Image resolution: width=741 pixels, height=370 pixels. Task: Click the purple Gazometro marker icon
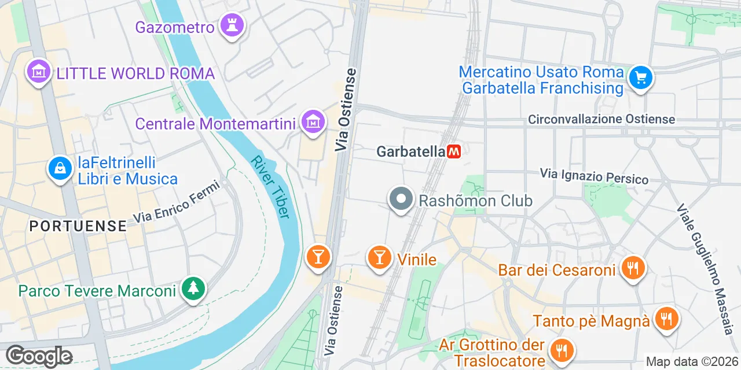pos(232,26)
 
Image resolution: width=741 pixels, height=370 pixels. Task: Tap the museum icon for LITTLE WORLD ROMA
pos(39,72)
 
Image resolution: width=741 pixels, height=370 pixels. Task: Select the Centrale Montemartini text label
pos(215,124)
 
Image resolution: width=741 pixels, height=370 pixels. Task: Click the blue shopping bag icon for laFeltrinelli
pos(60,168)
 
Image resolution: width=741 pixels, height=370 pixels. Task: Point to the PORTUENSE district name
pos(78,225)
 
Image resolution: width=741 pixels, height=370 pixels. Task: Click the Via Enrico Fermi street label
pos(177,202)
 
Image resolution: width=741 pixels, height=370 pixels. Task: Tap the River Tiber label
pos(270,187)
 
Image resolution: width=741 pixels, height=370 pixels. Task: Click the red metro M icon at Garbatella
pos(454,151)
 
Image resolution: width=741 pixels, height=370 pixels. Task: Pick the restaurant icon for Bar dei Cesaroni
pos(633,268)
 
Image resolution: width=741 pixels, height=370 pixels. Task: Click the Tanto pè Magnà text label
pos(591,321)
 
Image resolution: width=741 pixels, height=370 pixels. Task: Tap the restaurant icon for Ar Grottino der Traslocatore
pos(560,349)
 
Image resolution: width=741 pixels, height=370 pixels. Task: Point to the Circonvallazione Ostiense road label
pos(601,119)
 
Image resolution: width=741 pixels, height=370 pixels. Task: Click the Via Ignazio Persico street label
pos(594,176)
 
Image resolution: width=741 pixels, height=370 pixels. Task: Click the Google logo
pos(39,356)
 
